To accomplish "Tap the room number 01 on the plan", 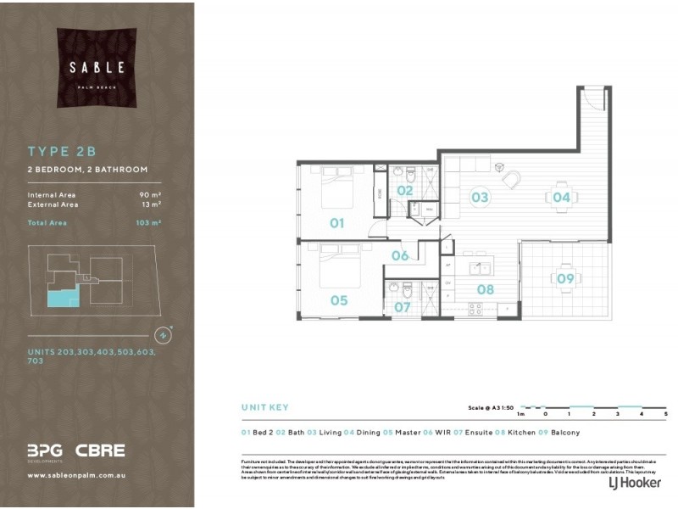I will pos(336,223).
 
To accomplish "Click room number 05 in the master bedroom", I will pos(339,299).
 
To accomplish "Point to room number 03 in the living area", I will pos(480,198).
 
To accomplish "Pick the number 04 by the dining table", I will pos(561,197).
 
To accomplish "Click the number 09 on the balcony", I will pos(565,277).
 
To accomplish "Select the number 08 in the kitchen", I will pos(485,288).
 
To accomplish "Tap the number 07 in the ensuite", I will pos(402,306).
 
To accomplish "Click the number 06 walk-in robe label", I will pos(400,255).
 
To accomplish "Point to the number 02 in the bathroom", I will pos(404,190).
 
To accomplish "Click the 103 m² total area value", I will pos(149,223).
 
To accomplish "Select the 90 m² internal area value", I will pos(151,195).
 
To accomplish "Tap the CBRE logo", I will pos(100,450).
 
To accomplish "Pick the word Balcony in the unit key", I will pos(565,433).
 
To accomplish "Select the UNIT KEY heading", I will pos(265,407).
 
